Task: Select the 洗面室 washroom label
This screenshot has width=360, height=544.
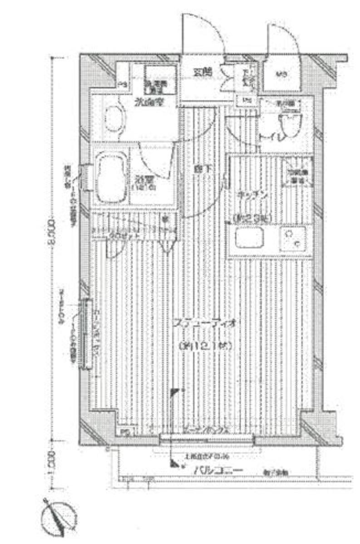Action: point(148,102)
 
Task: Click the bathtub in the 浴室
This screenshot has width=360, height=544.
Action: point(111,178)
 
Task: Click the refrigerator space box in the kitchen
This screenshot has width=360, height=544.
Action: point(297,172)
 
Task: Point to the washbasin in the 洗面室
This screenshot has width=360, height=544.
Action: point(114,119)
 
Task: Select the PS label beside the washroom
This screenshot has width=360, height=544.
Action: point(122,84)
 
